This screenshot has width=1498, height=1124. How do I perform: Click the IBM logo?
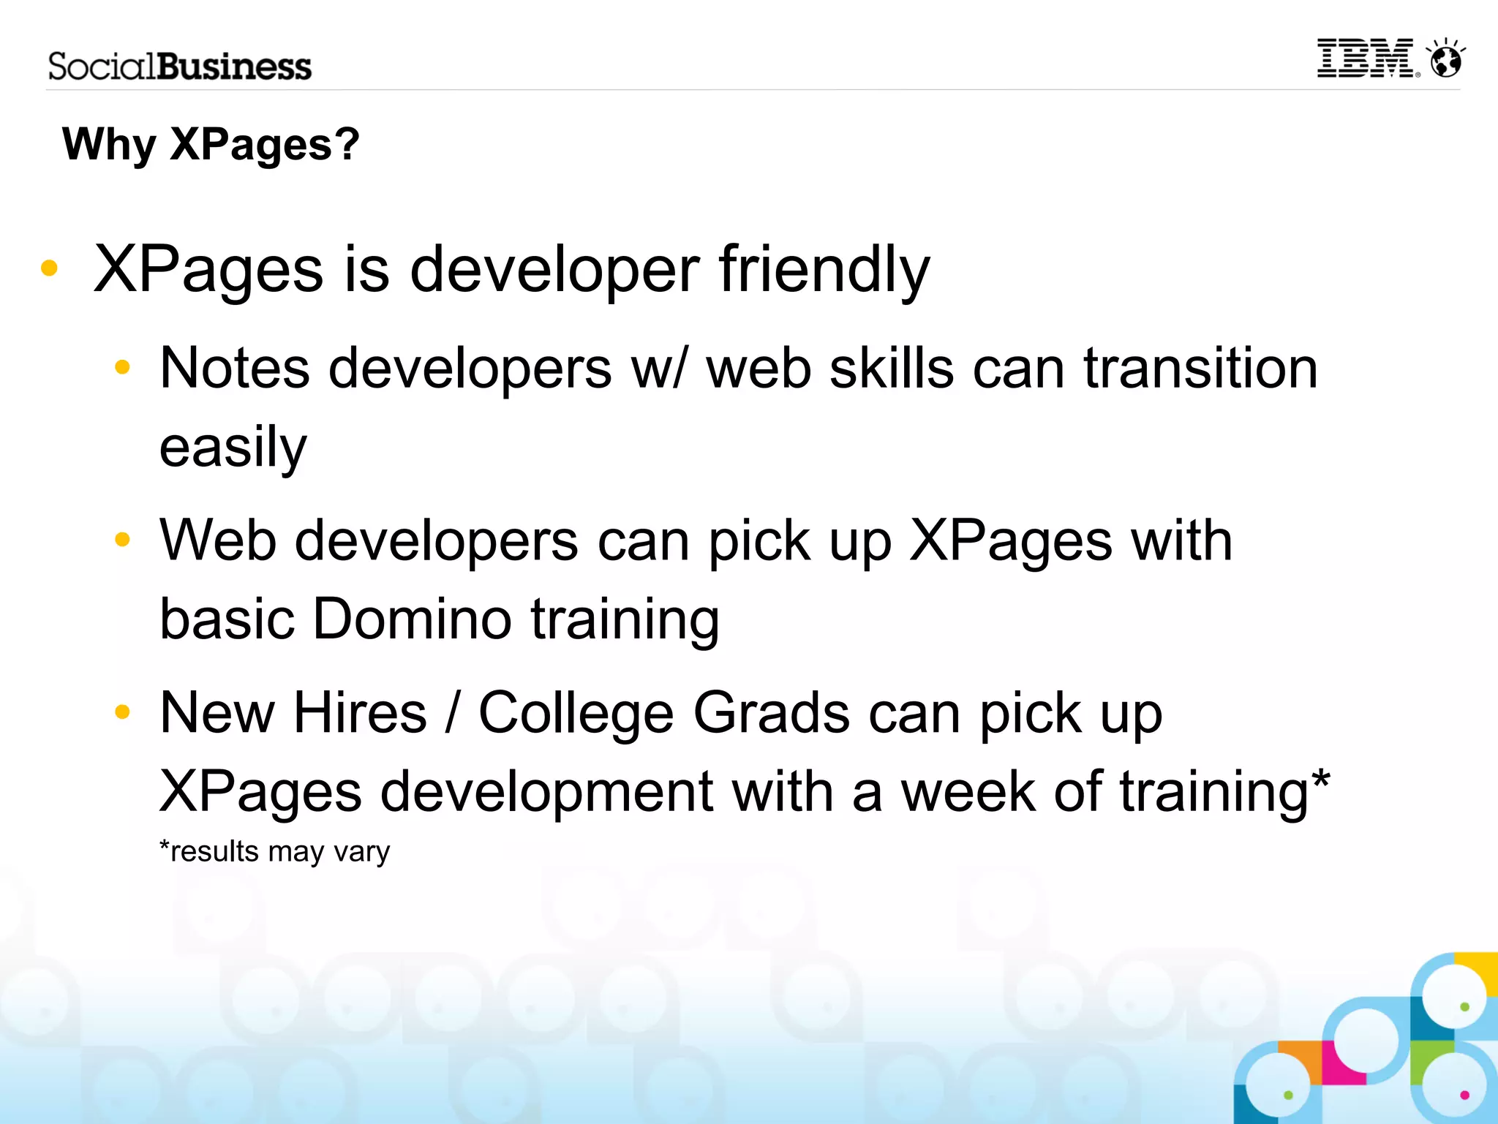point(1366,59)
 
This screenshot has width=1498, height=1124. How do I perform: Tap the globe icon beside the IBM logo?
point(1446,59)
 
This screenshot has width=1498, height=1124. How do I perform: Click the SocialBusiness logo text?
point(180,67)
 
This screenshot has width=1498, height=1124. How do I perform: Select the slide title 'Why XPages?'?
point(211,144)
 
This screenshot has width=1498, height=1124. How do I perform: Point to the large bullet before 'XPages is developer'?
point(49,268)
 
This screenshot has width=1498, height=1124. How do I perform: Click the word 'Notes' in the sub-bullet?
point(235,368)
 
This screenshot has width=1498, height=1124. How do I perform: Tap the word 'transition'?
point(1200,368)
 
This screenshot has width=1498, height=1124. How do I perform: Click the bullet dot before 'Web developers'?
point(122,540)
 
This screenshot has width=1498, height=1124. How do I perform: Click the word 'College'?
point(576,713)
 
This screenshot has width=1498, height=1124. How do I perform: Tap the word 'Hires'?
point(360,713)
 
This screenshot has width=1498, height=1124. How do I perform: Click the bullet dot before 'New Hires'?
point(122,712)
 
